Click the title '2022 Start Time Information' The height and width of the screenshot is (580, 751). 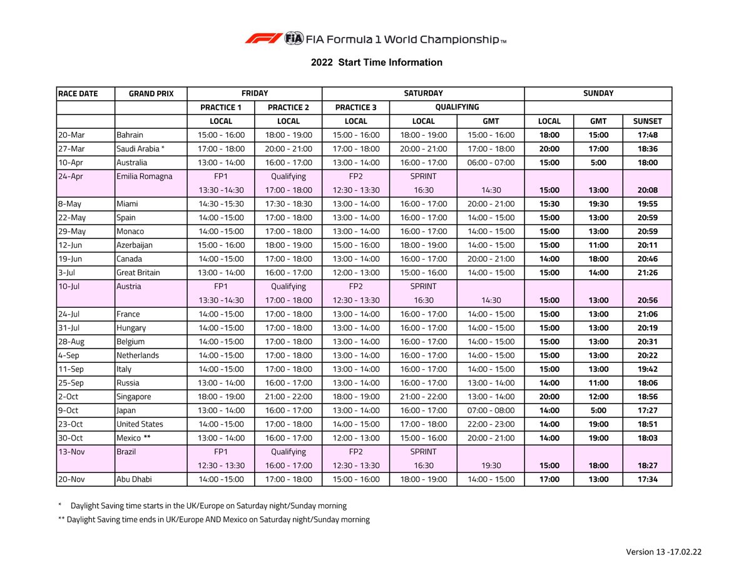point(376,63)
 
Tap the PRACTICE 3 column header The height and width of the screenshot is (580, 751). point(355,108)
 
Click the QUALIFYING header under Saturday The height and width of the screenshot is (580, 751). point(457,108)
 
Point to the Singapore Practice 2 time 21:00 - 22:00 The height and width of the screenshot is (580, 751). point(288,397)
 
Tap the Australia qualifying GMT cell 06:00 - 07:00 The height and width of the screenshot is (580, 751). point(491,163)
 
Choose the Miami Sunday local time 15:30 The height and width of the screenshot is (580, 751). point(549,204)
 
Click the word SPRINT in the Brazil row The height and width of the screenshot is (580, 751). point(423,452)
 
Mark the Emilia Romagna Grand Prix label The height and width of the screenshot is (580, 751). point(144,176)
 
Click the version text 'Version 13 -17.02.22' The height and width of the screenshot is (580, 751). point(663,552)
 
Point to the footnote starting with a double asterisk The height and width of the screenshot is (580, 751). point(213,519)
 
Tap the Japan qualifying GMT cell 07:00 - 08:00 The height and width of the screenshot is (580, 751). point(491,410)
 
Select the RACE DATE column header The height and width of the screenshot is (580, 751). point(78,94)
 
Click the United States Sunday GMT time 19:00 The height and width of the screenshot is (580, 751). point(598,424)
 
